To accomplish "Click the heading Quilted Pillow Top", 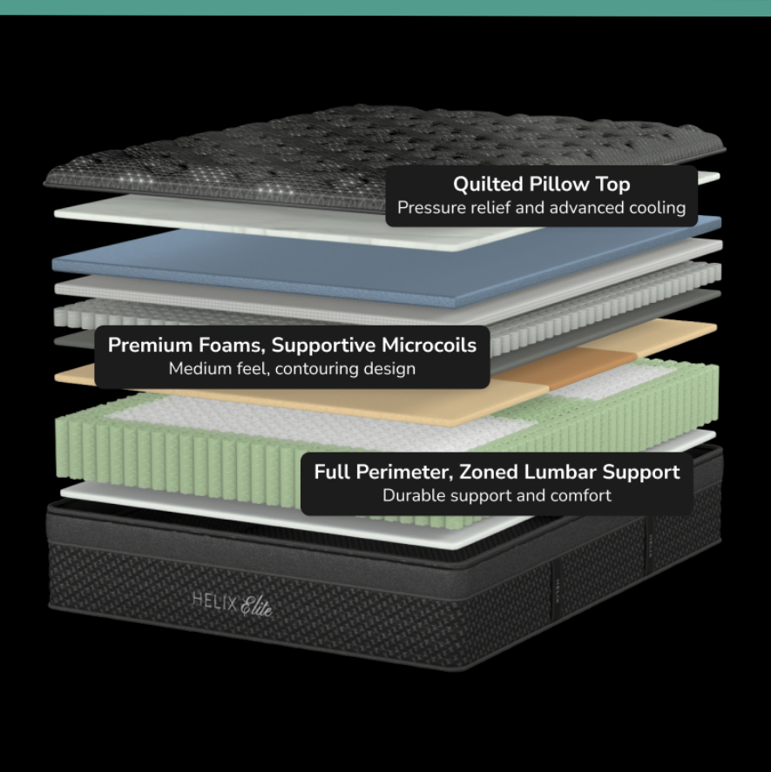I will [541, 185].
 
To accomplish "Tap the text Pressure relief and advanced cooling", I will [541, 208].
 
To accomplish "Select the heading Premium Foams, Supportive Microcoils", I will [292, 345].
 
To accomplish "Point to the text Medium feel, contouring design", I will [292, 368].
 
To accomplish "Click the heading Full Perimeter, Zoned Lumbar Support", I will [497, 472].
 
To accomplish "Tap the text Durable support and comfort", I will [497, 495].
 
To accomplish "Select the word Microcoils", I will [429, 345].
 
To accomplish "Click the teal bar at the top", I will [385, 7].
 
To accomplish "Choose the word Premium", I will [148, 345].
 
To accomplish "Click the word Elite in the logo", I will [256, 604].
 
